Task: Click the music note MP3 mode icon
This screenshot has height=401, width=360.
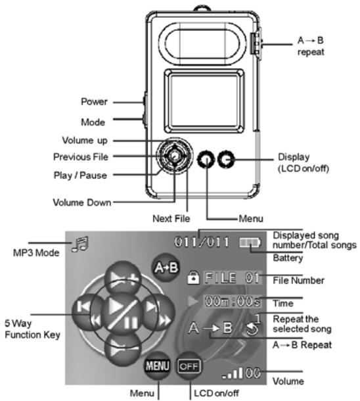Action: point(80,245)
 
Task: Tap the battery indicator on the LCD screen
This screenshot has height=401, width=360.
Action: point(250,243)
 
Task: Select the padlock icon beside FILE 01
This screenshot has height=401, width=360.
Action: point(193,277)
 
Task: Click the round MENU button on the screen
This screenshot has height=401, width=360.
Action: point(157,366)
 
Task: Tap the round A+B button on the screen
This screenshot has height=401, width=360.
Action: point(166,268)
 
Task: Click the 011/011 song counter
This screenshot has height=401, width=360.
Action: point(201,242)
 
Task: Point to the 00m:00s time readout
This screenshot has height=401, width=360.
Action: point(233,301)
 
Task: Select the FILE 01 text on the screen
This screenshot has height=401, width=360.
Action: point(233,277)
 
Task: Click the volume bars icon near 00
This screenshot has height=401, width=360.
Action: point(233,373)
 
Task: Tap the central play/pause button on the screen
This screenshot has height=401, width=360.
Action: point(122,314)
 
